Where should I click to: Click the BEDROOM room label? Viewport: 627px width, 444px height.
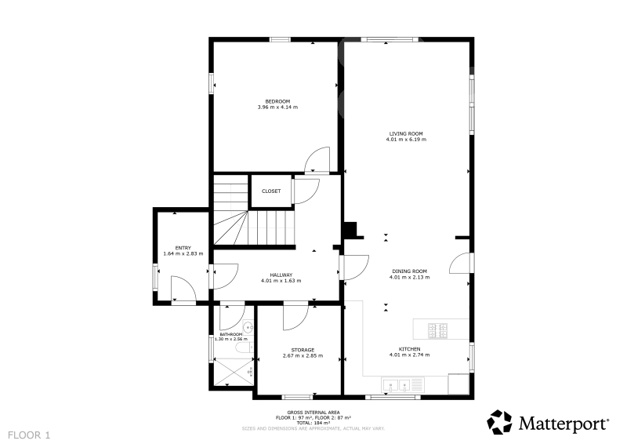277,101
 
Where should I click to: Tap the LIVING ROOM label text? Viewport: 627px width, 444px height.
406,133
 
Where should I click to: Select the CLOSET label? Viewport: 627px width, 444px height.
271,191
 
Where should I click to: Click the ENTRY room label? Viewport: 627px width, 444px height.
183,248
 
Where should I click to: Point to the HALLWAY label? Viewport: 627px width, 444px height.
281,275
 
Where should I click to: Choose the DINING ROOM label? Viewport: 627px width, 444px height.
409,271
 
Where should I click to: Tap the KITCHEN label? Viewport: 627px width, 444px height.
409,349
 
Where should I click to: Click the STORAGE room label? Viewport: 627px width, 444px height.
303,350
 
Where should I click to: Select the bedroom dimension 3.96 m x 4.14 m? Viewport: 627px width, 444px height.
277,107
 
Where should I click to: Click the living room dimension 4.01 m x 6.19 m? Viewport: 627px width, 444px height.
406,140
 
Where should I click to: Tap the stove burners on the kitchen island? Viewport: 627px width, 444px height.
438,331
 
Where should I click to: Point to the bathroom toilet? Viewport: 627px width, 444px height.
243,347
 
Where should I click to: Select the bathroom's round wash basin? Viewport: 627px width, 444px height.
248,327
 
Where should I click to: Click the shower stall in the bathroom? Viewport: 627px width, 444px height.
233,372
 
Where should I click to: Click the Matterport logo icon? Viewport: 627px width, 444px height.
499,421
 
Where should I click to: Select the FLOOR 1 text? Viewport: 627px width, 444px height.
29,435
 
